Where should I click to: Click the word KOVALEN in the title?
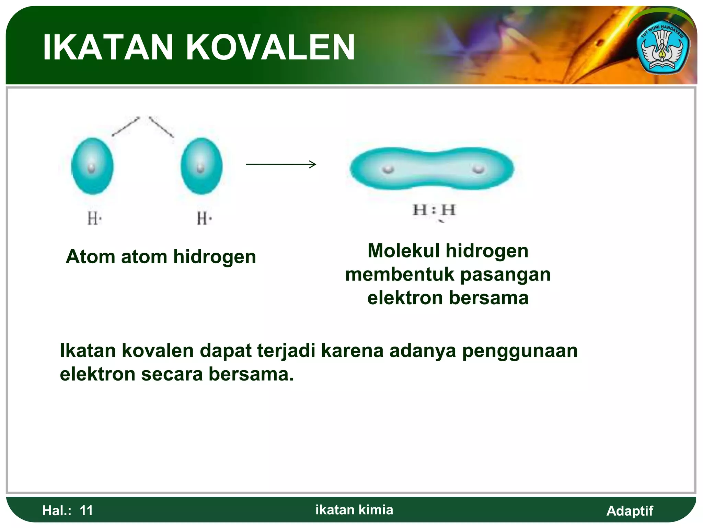tap(270, 47)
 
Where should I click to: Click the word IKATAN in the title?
tap(108, 47)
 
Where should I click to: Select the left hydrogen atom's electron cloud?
tap(92, 166)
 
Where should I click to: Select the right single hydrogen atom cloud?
tap(201, 166)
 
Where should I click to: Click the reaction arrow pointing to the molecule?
tap(281, 164)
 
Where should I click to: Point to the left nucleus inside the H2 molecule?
tap(388, 169)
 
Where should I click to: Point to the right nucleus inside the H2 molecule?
tap(478, 169)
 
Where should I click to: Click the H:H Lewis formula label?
tap(434, 210)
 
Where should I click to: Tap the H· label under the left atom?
tap(94, 218)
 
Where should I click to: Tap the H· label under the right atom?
tap(204, 218)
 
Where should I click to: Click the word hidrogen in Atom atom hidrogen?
tap(215, 257)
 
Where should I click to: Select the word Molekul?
tap(403, 251)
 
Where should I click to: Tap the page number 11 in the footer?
tap(86, 510)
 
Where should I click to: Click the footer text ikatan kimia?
tap(354, 510)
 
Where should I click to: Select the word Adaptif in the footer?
tap(630, 511)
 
